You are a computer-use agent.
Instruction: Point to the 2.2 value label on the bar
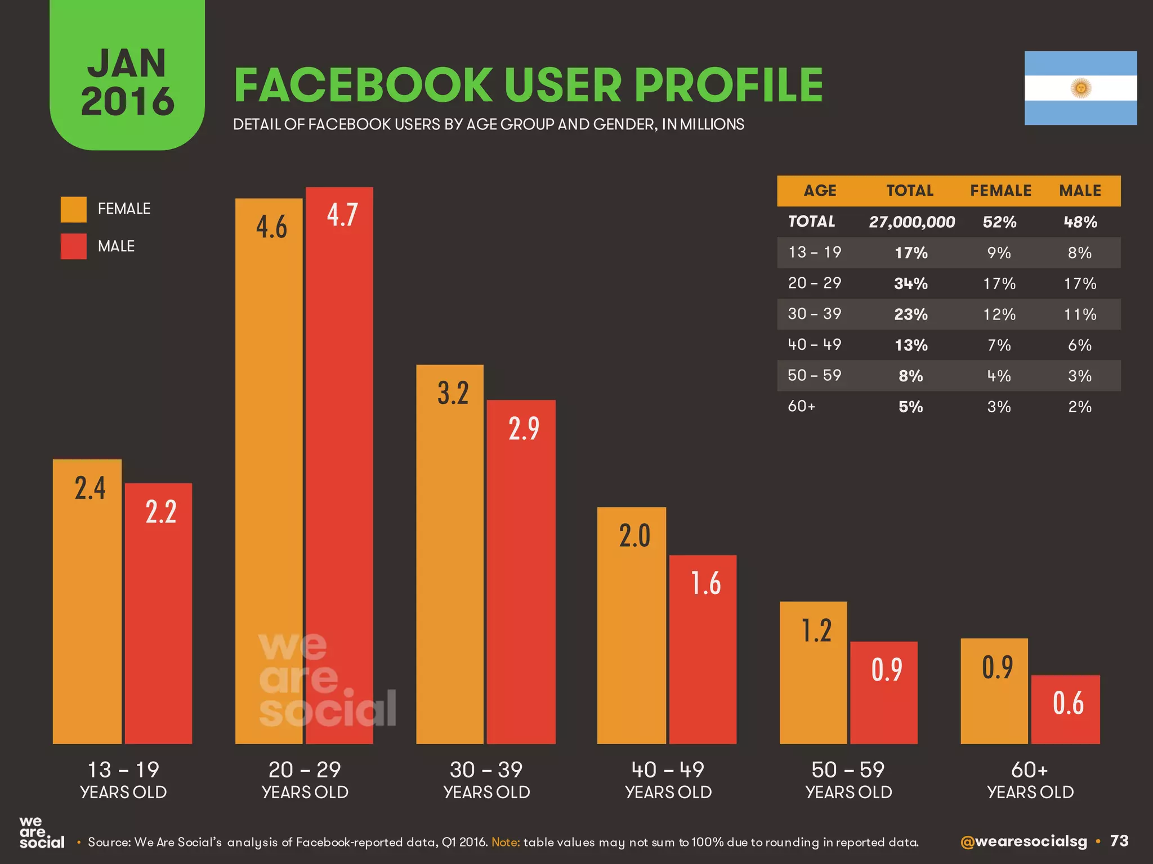click(161, 512)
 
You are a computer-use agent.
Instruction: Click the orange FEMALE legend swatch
click(74, 209)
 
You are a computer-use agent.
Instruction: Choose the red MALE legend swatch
click(74, 246)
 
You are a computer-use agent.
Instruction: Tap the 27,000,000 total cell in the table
click(911, 222)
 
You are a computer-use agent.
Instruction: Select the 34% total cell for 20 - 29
click(910, 283)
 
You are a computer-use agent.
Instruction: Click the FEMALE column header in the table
click(1000, 191)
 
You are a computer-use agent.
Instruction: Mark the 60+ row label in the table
click(802, 406)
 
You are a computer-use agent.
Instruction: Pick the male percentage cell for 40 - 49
click(1079, 345)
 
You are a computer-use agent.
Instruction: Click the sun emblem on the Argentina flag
click(1081, 88)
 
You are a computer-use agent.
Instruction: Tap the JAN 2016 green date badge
click(127, 82)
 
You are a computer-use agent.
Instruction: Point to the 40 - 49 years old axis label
click(668, 780)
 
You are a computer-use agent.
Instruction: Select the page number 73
click(1119, 841)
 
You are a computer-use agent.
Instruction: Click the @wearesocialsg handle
click(1024, 841)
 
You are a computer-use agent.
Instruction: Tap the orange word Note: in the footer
click(506, 842)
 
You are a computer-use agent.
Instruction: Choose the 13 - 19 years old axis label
click(123, 780)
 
